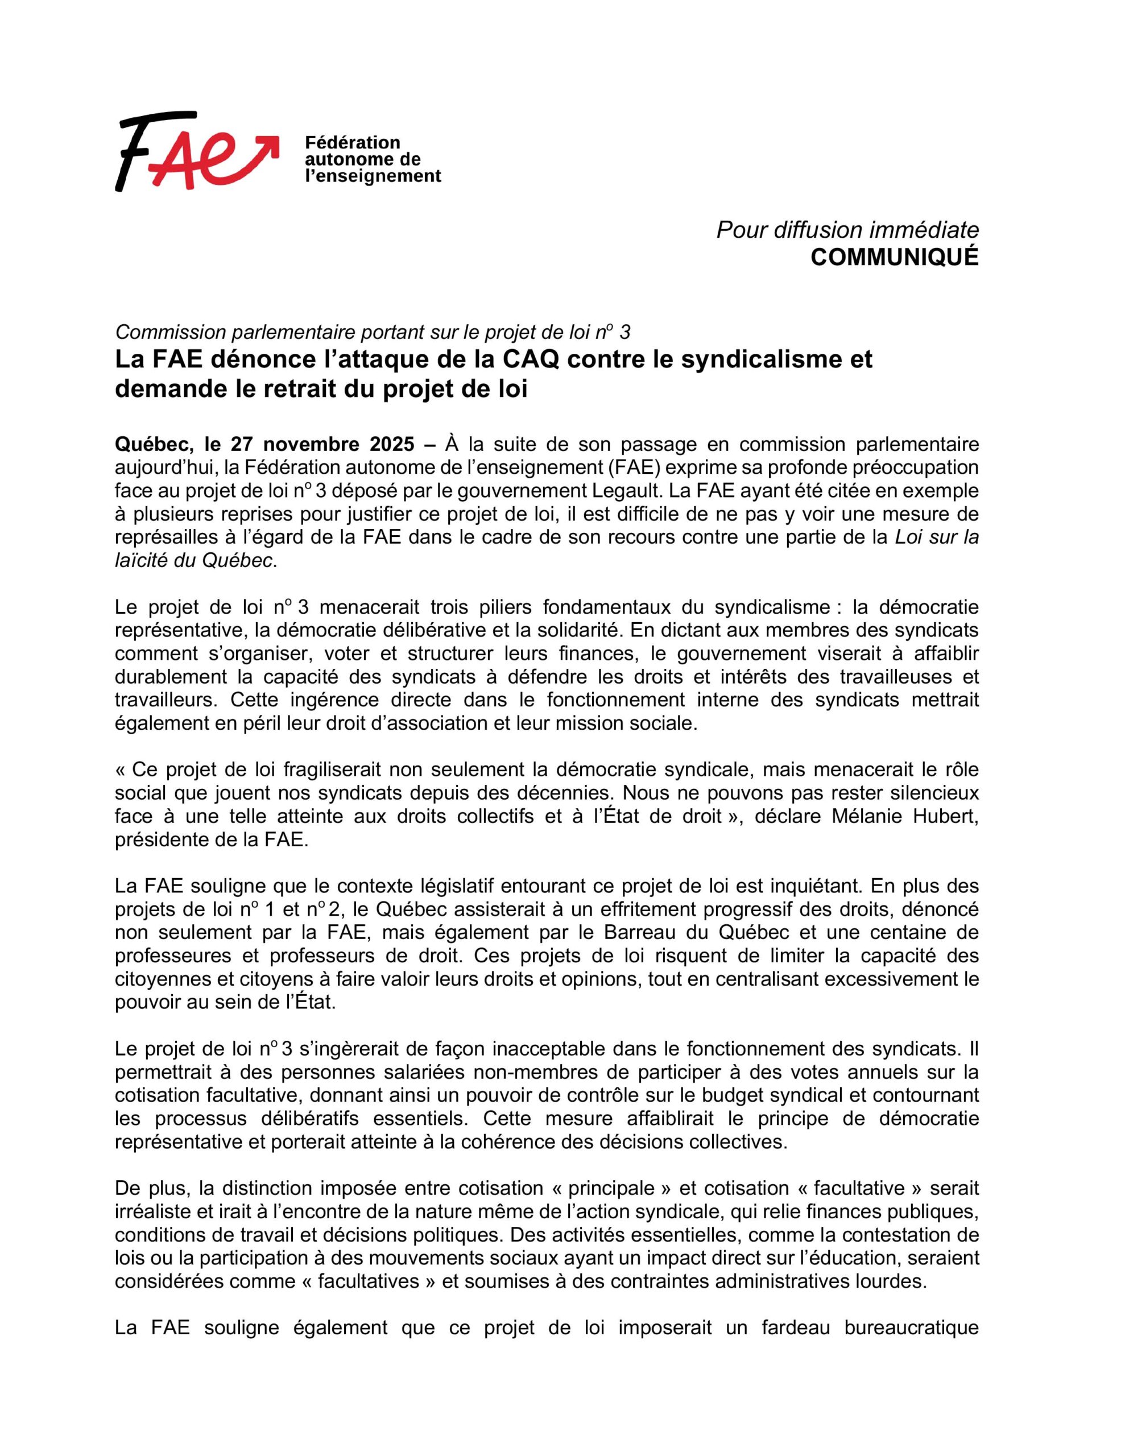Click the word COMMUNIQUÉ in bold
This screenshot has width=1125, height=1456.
click(x=894, y=257)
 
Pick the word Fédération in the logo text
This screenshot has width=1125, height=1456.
click(x=352, y=143)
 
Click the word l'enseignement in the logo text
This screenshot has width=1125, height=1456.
click(x=373, y=176)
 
